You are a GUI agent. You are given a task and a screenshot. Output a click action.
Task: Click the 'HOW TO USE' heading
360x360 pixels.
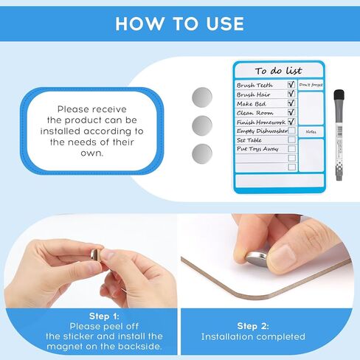tap(179, 23)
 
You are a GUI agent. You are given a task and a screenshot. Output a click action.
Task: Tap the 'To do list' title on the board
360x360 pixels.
tap(278, 71)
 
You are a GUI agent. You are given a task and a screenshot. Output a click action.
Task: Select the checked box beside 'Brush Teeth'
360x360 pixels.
tap(291, 85)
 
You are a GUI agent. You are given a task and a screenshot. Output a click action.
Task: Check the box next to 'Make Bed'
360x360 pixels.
tap(291, 103)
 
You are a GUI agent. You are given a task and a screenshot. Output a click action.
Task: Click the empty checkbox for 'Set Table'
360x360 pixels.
tap(291, 139)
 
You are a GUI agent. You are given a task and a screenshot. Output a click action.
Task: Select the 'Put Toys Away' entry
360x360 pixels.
tap(257, 148)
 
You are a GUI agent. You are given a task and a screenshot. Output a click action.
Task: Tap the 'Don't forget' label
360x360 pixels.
tap(311, 86)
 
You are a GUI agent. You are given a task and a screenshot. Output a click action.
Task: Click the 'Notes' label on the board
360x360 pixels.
tap(311, 132)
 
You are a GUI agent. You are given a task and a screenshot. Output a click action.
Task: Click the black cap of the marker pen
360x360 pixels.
tap(339, 97)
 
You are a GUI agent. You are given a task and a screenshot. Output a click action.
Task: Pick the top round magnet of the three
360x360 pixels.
tap(201, 96)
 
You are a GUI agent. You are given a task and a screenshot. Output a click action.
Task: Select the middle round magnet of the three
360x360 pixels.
tap(201, 125)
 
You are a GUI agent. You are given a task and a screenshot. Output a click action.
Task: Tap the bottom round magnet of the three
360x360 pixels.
tap(201, 153)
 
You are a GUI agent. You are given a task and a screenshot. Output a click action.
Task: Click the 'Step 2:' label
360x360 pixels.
tap(253, 325)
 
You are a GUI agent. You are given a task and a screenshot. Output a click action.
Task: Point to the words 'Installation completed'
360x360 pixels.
tap(253, 337)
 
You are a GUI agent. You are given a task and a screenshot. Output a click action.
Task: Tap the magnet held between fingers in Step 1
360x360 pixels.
tap(95, 254)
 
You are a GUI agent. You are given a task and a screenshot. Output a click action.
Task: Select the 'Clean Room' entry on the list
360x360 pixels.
tap(255, 113)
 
